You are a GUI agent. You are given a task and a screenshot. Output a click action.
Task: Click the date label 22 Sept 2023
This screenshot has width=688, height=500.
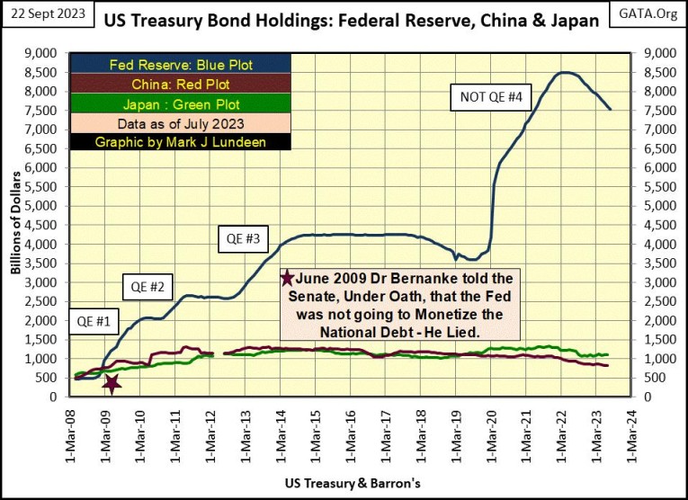point(42,11)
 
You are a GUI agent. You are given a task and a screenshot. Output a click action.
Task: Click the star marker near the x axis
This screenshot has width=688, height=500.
point(112,384)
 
